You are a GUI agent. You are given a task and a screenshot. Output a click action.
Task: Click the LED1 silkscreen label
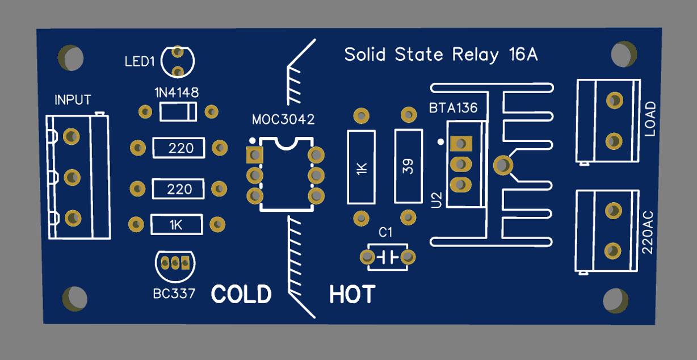[140, 62]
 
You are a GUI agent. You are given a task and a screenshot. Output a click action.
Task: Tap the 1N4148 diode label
[177, 93]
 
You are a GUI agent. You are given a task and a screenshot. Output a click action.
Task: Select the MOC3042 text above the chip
[283, 120]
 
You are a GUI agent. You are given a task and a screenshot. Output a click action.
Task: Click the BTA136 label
[453, 108]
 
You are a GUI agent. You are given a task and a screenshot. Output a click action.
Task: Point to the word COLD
[241, 294]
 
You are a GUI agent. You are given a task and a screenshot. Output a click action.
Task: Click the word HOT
[352, 294]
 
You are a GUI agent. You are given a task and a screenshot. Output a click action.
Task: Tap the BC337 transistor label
[174, 294]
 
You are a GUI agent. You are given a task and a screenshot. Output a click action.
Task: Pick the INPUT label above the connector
[73, 100]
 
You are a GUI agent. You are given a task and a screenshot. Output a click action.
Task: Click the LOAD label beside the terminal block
[650, 119]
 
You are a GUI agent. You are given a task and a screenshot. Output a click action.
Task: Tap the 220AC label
[648, 233]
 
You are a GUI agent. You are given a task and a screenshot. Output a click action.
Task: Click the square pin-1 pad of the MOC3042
[254, 155]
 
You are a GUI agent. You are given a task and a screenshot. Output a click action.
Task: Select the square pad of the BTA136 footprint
[461, 144]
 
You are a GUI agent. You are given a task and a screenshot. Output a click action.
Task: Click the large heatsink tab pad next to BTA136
[503, 165]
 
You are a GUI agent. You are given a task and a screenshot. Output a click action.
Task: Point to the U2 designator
[436, 200]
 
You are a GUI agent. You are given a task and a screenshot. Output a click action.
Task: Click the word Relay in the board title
[475, 55]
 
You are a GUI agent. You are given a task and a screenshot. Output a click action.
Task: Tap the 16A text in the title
[523, 55]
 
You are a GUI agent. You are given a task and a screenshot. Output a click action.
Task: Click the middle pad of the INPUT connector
[72, 178]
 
